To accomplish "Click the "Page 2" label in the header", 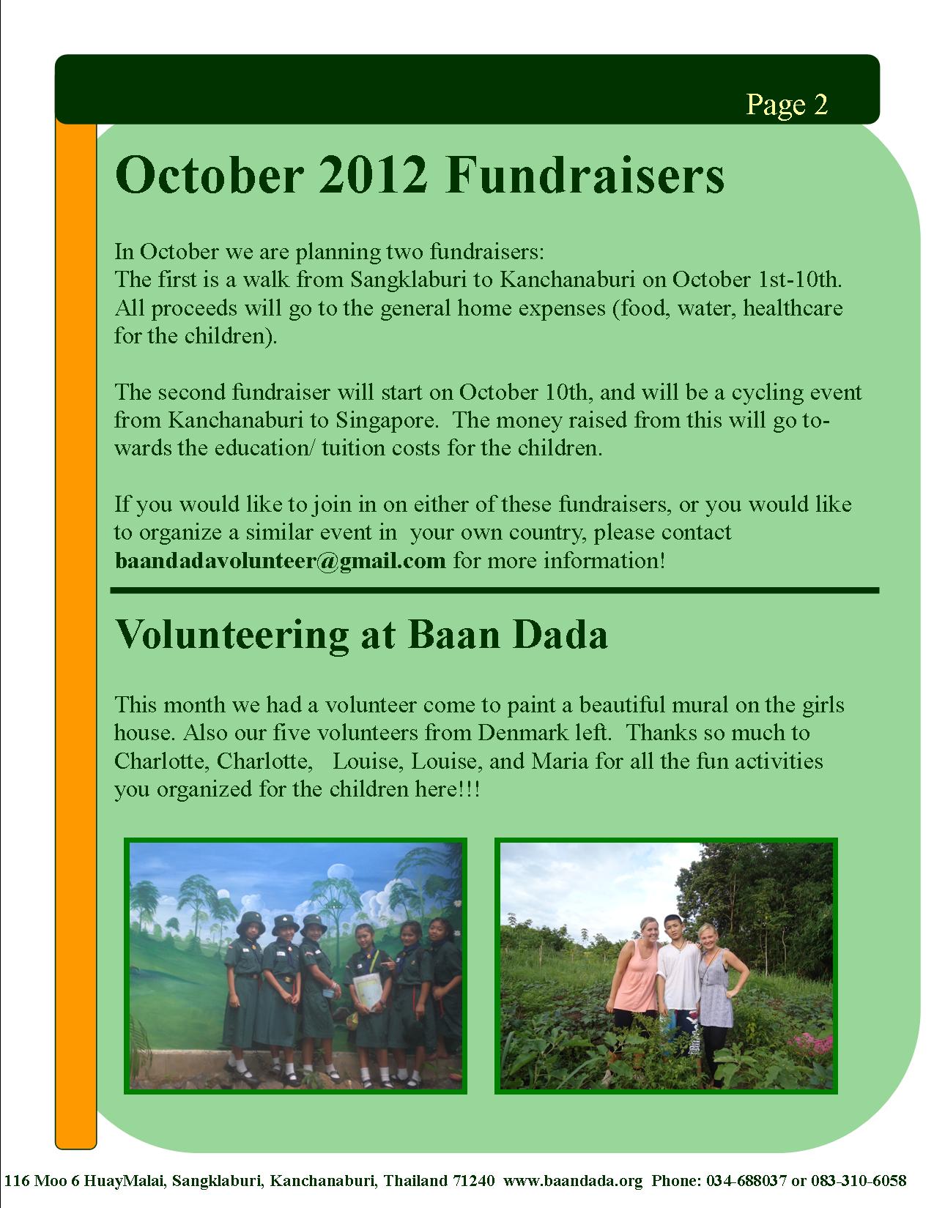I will (x=786, y=105).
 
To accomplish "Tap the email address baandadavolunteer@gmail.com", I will (x=280, y=561).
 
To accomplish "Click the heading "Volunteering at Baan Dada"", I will (x=361, y=635).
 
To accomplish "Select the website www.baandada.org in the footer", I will (x=574, y=1180).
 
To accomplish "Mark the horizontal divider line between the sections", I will (x=494, y=590).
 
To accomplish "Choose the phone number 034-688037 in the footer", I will (x=747, y=1180).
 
